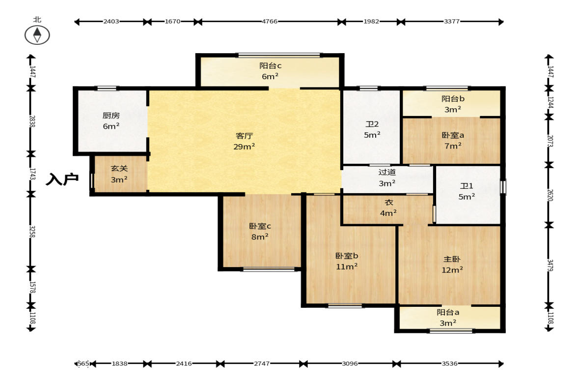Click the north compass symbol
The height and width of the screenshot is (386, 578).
click(37, 35)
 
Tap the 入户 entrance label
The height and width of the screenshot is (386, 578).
click(62, 179)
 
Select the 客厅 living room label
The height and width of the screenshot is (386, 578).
click(244, 136)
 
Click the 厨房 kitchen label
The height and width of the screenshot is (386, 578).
click(111, 116)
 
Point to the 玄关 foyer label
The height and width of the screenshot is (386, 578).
click(119, 169)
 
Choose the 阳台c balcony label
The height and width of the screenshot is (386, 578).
click(270, 66)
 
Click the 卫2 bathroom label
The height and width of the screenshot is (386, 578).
click(372, 124)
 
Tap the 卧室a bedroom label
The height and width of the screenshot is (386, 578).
click(453, 135)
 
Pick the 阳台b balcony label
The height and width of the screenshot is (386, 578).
click(453, 99)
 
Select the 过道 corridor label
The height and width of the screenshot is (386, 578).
click(387, 172)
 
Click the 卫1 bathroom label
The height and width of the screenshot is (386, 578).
click(467, 186)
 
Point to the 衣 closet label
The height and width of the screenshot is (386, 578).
click(389, 202)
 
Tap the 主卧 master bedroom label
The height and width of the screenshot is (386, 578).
click(452, 260)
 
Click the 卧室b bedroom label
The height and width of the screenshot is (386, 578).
click(347, 256)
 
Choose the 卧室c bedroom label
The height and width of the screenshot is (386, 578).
click(260, 226)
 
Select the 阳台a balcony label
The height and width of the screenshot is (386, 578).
click(448, 313)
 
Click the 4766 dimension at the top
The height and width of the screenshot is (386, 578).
click(270, 22)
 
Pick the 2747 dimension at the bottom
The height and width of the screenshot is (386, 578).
click(262, 364)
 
